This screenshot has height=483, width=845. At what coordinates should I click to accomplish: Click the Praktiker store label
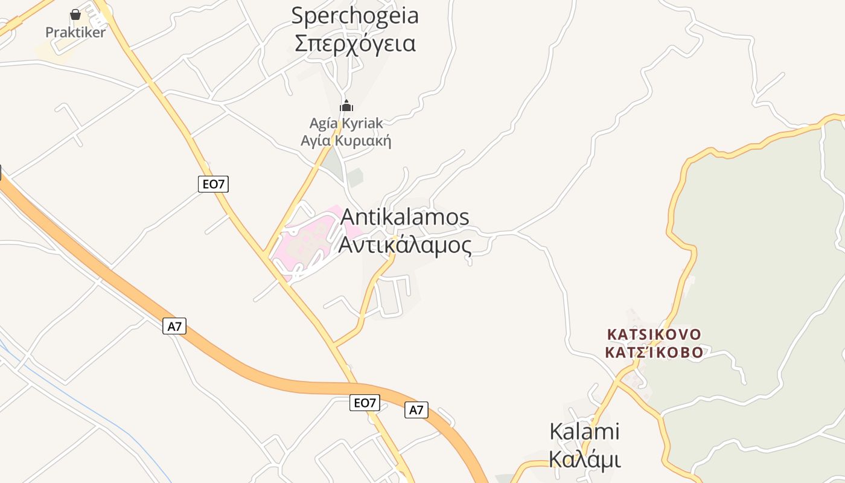75,33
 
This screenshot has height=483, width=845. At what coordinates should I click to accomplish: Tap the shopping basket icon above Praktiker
75,14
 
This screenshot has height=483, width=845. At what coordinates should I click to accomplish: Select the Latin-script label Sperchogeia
355,16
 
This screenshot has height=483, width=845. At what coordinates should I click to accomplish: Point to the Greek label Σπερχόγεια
355,43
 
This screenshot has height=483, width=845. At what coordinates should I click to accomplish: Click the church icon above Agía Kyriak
346,106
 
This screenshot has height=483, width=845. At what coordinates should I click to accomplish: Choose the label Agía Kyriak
346,123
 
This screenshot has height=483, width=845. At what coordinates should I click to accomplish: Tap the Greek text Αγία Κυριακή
346,142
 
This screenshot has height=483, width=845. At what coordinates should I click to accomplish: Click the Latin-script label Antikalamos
405,217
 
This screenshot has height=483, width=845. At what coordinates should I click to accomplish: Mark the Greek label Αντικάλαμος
405,245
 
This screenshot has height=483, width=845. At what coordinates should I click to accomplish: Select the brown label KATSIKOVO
654,334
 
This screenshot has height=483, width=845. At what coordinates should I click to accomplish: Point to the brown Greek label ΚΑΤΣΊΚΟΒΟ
654,353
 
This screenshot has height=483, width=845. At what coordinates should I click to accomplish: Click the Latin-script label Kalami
584,432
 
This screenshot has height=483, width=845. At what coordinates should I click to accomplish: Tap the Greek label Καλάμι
584,459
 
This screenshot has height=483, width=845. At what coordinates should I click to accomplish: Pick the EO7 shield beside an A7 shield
365,403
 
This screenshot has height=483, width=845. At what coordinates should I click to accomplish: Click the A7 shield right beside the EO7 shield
416,411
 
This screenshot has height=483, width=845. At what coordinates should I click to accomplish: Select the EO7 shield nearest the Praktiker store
213,184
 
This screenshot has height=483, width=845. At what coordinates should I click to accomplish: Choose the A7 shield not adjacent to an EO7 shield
174,327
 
